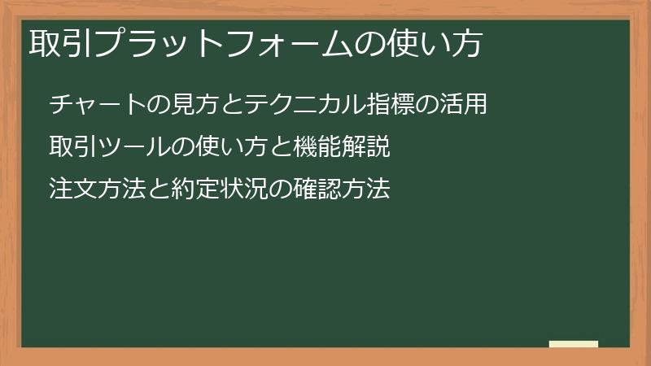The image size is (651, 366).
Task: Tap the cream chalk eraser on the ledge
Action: (x=574, y=344)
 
